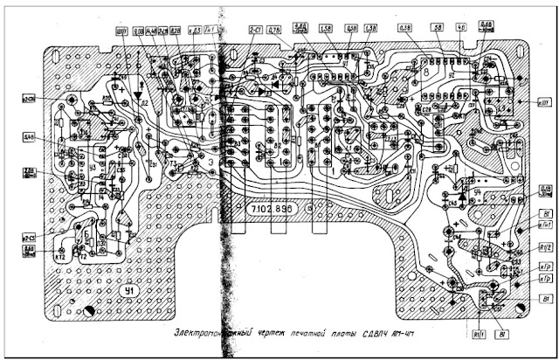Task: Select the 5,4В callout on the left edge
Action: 29,137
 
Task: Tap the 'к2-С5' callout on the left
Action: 29,238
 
